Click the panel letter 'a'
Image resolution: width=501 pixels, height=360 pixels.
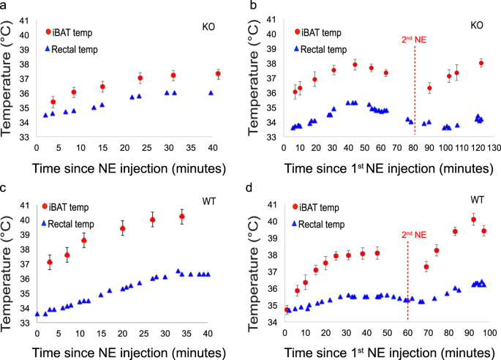(x=5, y=6)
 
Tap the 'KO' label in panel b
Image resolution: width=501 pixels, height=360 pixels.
(x=476, y=25)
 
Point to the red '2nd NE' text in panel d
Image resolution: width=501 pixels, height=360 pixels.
(x=412, y=236)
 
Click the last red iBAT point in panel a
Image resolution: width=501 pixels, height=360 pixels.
(x=218, y=74)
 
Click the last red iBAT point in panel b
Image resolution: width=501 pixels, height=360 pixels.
(x=481, y=63)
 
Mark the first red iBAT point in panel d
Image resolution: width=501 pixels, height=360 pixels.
(x=287, y=310)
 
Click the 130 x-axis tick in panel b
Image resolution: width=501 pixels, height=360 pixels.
(x=493, y=148)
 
